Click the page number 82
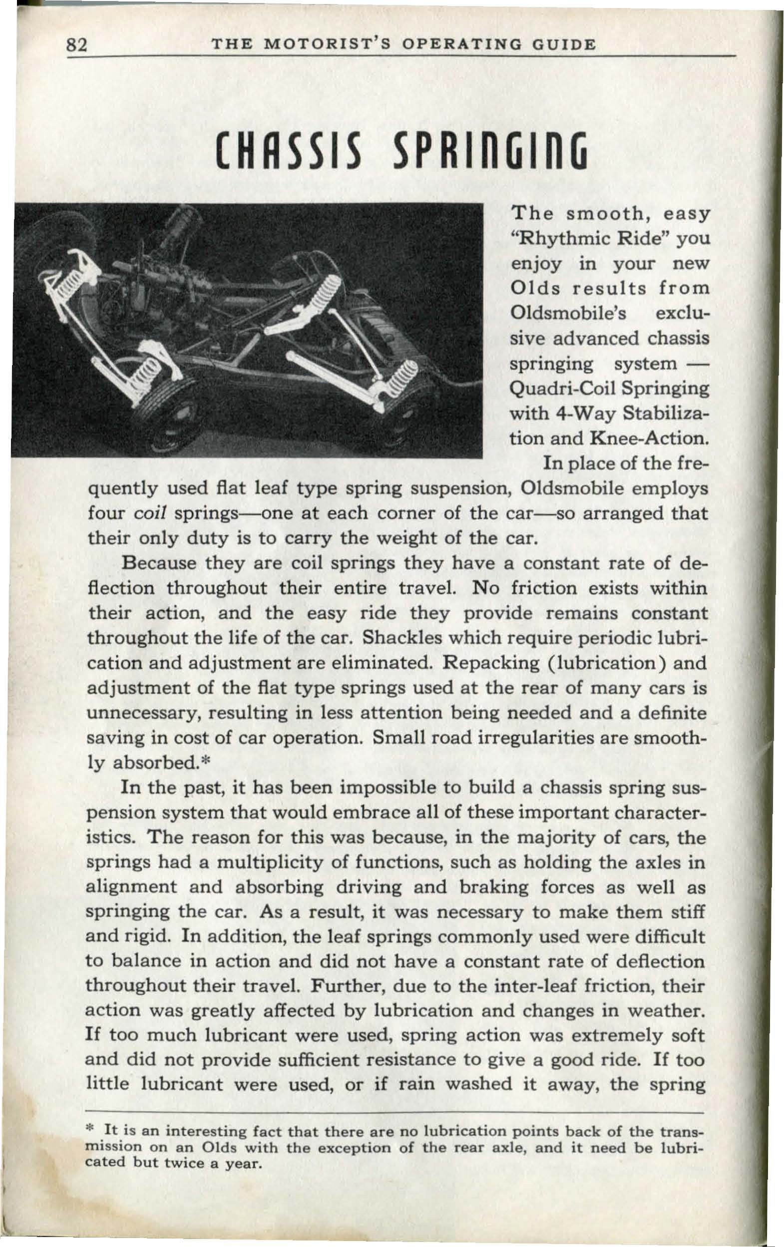pos(79,46)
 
